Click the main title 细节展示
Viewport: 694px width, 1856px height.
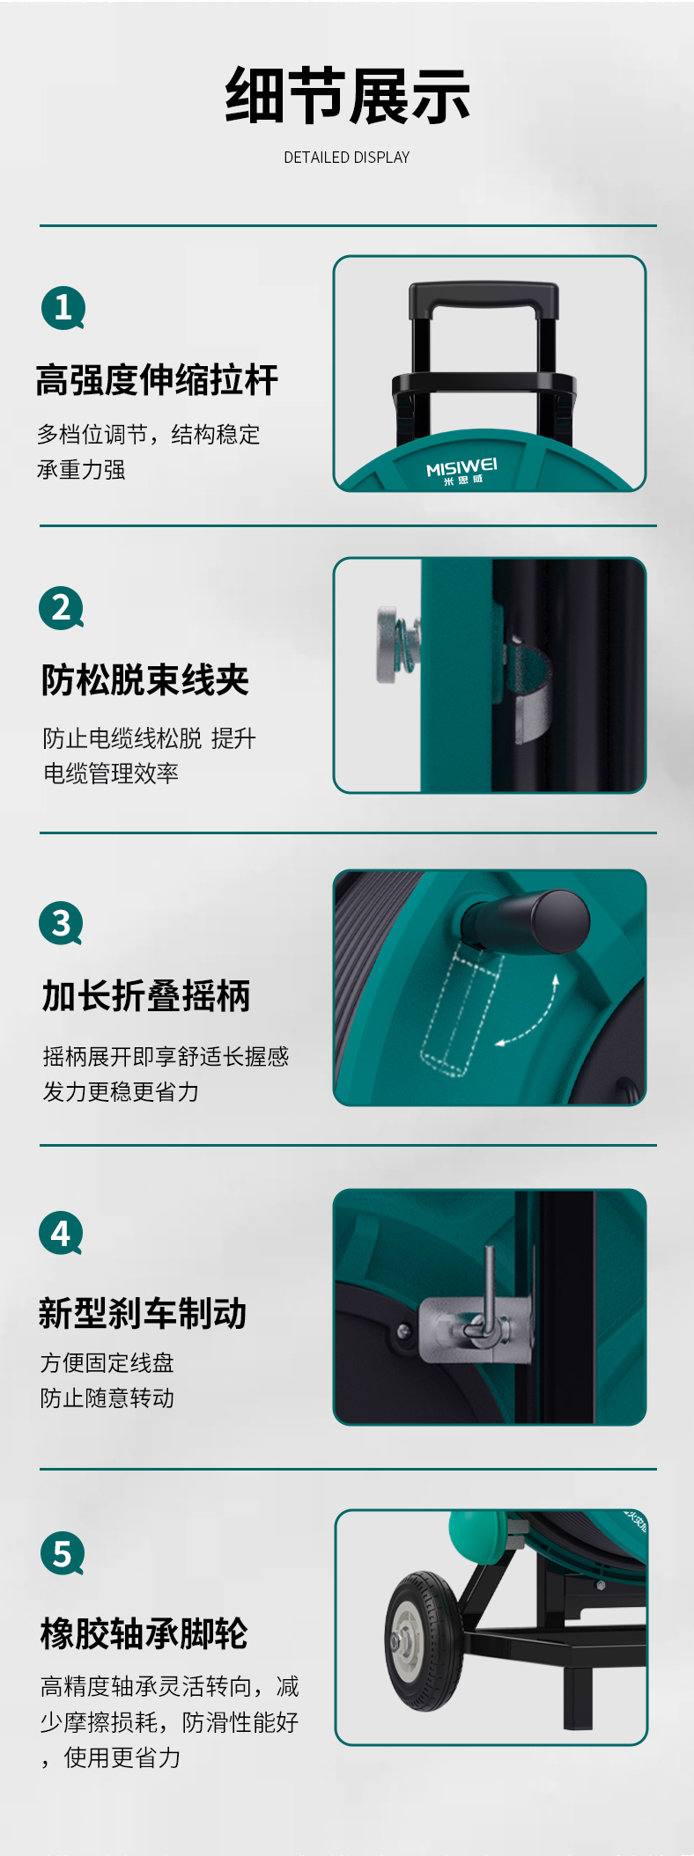(x=347, y=96)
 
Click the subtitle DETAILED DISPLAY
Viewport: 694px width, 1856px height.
(x=347, y=158)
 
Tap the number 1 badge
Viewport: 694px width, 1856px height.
(x=63, y=308)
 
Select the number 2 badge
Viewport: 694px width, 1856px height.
(x=62, y=608)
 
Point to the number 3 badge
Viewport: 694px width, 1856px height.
(x=61, y=923)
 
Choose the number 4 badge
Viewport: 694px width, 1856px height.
(x=61, y=1234)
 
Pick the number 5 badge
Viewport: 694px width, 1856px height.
(x=63, y=1553)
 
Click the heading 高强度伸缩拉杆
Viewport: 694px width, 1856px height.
(x=157, y=380)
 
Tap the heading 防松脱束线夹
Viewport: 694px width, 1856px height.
(x=145, y=680)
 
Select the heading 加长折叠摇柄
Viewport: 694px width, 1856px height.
(x=146, y=996)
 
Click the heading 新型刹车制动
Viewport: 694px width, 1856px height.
(x=143, y=1313)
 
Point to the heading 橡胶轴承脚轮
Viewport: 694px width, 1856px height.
(x=144, y=1633)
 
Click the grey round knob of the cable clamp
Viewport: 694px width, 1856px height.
(x=388, y=643)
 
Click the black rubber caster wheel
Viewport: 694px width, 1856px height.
(x=425, y=1641)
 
